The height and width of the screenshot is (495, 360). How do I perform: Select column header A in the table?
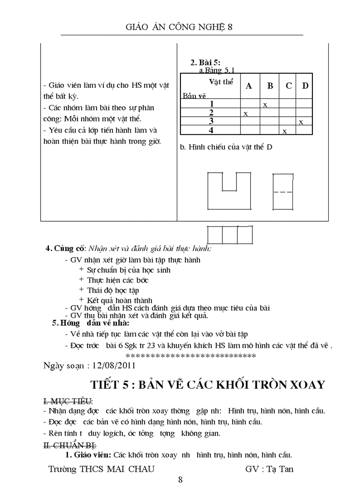(x=249, y=86)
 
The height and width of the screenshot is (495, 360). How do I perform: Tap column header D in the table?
(x=305, y=86)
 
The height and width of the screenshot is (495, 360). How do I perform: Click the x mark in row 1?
(x=265, y=105)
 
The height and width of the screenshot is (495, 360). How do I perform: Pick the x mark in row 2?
(x=245, y=114)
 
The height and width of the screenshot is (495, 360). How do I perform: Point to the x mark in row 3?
(x=300, y=122)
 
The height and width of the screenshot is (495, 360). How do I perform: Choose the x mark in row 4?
(x=285, y=131)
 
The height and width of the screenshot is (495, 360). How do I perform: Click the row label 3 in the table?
(x=211, y=121)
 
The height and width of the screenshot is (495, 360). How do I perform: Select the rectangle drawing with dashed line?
(x=283, y=192)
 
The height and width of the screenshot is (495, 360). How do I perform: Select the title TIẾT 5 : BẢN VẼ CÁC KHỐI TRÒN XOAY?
(x=207, y=384)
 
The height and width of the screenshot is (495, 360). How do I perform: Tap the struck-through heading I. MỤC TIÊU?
(x=67, y=401)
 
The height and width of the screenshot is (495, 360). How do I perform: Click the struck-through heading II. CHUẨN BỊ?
(x=70, y=446)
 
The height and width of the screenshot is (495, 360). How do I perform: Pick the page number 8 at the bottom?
(x=180, y=480)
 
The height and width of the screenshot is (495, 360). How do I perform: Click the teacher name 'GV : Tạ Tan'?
(x=269, y=469)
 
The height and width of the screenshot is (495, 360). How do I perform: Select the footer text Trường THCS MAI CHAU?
(x=101, y=469)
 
